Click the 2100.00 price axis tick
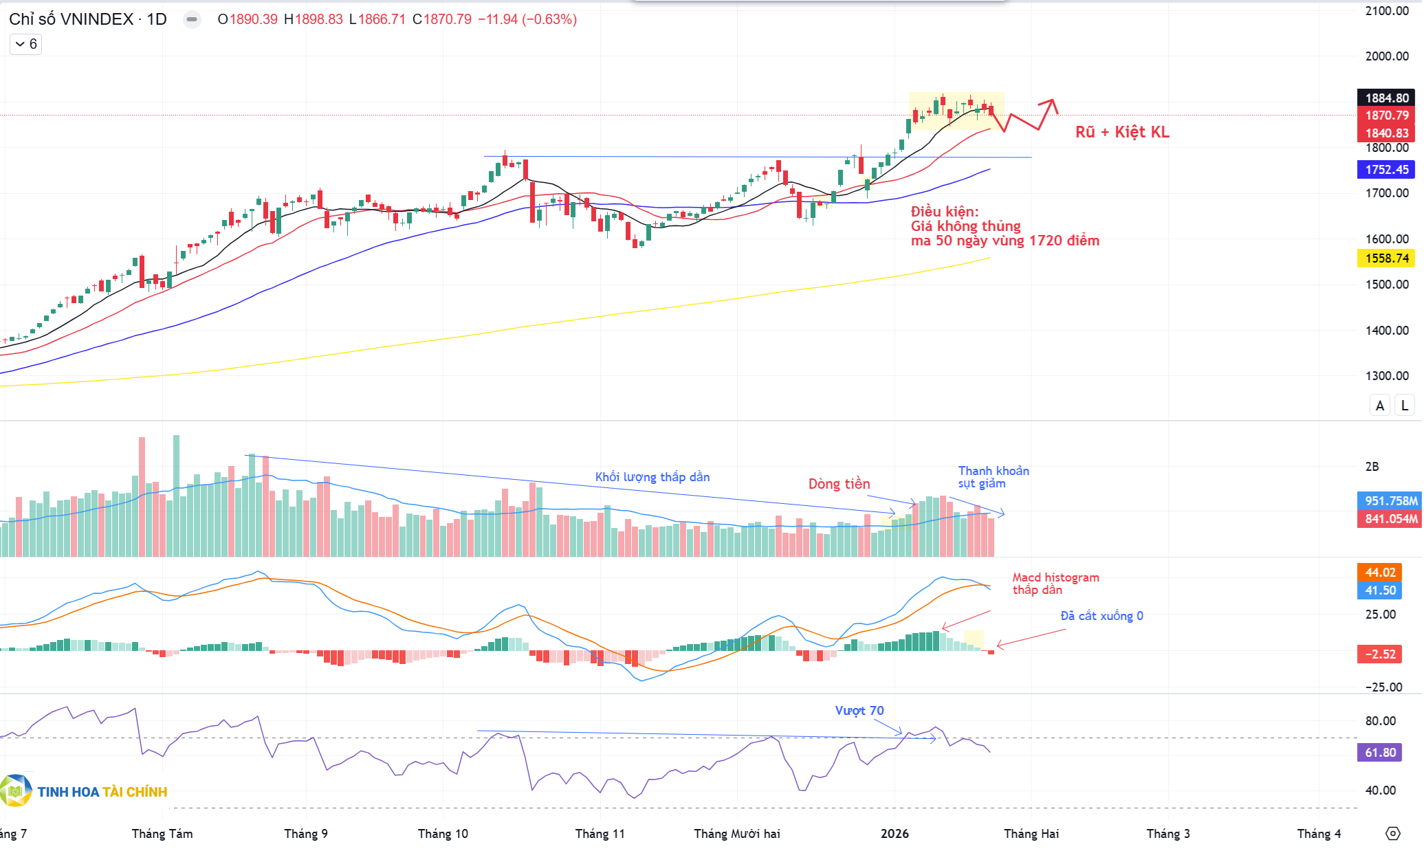tap(1386, 11)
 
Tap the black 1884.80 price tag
tap(1386, 98)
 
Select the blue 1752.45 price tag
tap(1386, 169)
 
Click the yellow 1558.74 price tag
tap(1386, 258)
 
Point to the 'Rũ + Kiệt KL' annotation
tap(1122, 132)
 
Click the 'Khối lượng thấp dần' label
tap(652, 477)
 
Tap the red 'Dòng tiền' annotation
tap(839, 484)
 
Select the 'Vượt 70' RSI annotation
tap(859, 711)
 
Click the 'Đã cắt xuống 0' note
tap(1101, 616)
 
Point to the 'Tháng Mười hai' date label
tap(736, 834)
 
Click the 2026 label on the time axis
tap(894, 834)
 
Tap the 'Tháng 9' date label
tap(306, 834)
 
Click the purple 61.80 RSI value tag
tap(1380, 753)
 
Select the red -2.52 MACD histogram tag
tap(1380, 654)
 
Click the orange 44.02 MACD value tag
tap(1380, 573)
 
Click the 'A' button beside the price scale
tap(1379, 406)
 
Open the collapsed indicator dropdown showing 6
tap(26, 44)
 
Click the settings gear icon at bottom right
tap(1392, 834)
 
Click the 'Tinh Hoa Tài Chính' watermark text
tap(102, 792)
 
